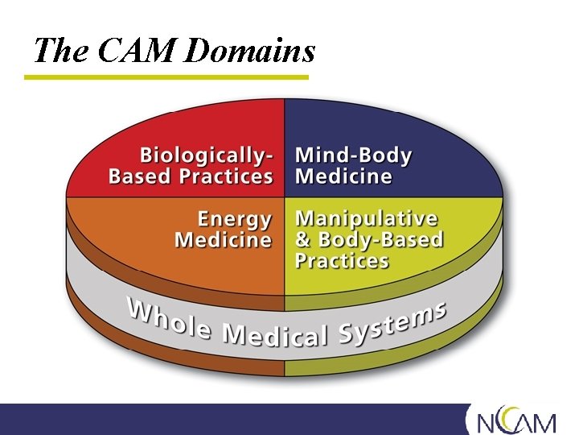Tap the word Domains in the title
click(249, 51)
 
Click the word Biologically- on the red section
click(207, 155)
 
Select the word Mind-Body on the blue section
click(354, 155)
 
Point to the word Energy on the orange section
click(235, 219)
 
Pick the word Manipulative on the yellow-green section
click(367, 219)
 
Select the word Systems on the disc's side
click(394, 321)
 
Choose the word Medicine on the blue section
click(344, 176)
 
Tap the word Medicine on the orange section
click(223, 240)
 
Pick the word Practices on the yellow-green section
click(342, 261)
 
